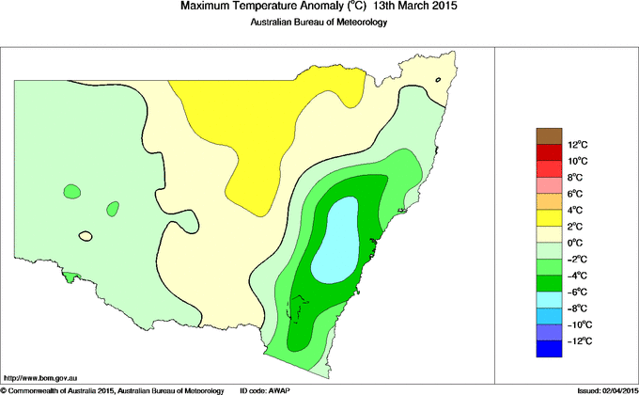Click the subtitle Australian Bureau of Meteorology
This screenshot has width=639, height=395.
coord(319,24)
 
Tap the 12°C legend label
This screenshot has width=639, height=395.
coord(577,145)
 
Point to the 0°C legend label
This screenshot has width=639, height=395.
coord(577,243)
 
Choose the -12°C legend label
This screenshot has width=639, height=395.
coord(576,340)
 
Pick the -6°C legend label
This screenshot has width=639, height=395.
coord(576,292)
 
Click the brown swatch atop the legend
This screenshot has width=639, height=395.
coord(549,136)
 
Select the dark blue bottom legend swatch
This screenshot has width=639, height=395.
coord(549,349)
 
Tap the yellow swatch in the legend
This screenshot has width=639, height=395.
coord(549,218)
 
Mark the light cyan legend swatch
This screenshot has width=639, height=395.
coord(549,300)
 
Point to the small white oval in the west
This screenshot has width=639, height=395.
coord(86,235)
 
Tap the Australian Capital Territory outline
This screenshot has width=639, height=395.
coord(301,306)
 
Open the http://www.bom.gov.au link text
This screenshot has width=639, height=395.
coord(40,376)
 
